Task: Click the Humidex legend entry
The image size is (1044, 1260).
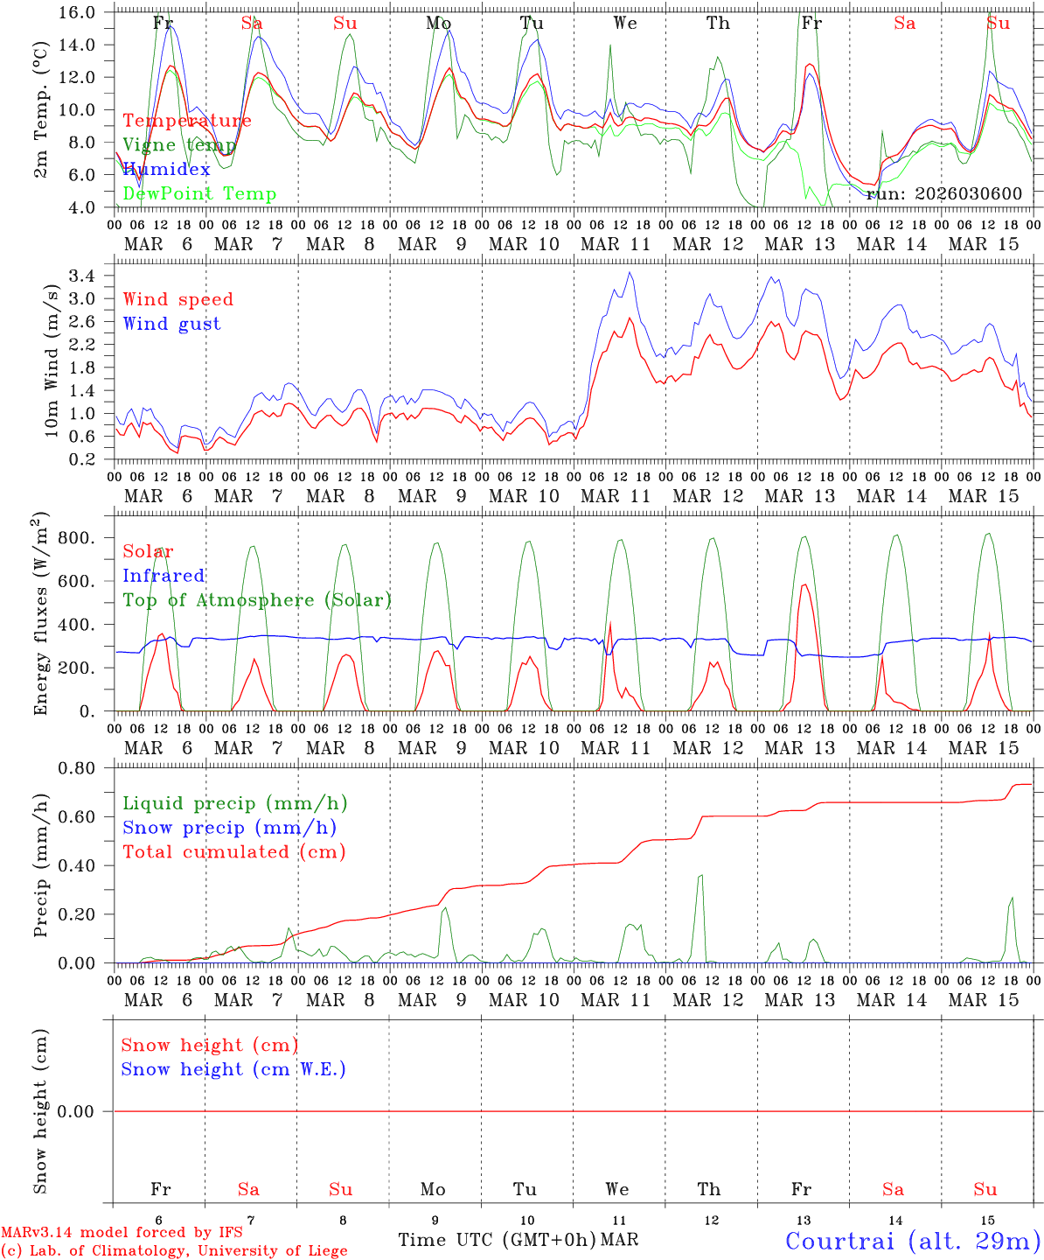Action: (166, 170)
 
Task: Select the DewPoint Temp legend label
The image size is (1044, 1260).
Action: (199, 194)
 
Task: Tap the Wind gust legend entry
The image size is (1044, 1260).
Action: (171, 324)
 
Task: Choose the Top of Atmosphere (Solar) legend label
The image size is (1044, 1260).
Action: (256, 600)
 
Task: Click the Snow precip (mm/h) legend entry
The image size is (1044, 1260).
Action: (229, 828)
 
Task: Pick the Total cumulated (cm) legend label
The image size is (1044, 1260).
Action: (233, 852)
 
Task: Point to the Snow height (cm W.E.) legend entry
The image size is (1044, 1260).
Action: (233, 1069)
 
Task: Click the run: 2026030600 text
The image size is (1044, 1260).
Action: (943, 194)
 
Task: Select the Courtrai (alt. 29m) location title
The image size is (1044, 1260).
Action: (913, 1241)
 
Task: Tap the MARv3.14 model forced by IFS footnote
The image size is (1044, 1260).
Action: (122, 1233)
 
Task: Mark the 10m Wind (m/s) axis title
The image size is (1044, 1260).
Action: (52, 361)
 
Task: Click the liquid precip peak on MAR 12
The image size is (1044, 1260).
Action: (700, 875)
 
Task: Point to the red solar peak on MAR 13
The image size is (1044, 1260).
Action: (804, 584)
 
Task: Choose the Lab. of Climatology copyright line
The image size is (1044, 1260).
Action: (174, 1251)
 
